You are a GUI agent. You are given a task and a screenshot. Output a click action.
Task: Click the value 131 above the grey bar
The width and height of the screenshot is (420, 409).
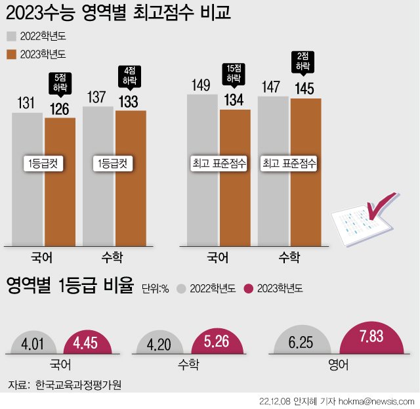27,103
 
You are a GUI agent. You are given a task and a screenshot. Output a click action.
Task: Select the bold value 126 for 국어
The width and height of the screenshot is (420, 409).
60,108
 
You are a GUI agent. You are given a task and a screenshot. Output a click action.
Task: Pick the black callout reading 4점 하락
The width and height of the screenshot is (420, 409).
129,75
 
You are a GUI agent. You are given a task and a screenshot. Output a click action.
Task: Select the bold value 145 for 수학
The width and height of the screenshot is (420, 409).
305,87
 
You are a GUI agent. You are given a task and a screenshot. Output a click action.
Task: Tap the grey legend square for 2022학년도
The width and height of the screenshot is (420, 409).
12,36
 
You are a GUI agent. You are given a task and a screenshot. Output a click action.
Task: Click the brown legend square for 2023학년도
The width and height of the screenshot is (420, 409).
12,54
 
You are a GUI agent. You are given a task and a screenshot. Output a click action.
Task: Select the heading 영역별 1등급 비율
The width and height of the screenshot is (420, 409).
70,287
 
